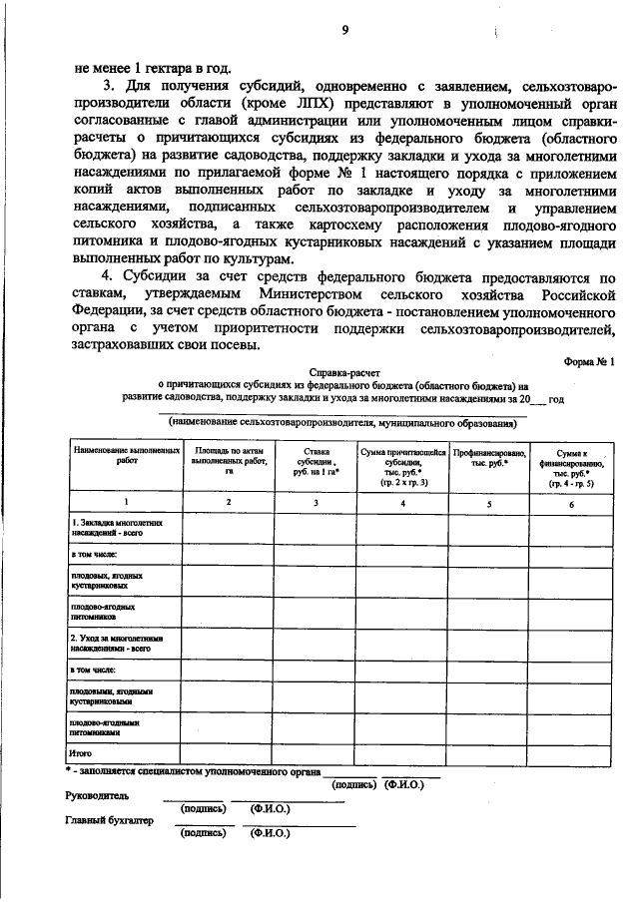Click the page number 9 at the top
(344, 31)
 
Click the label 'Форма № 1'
(583, 362)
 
